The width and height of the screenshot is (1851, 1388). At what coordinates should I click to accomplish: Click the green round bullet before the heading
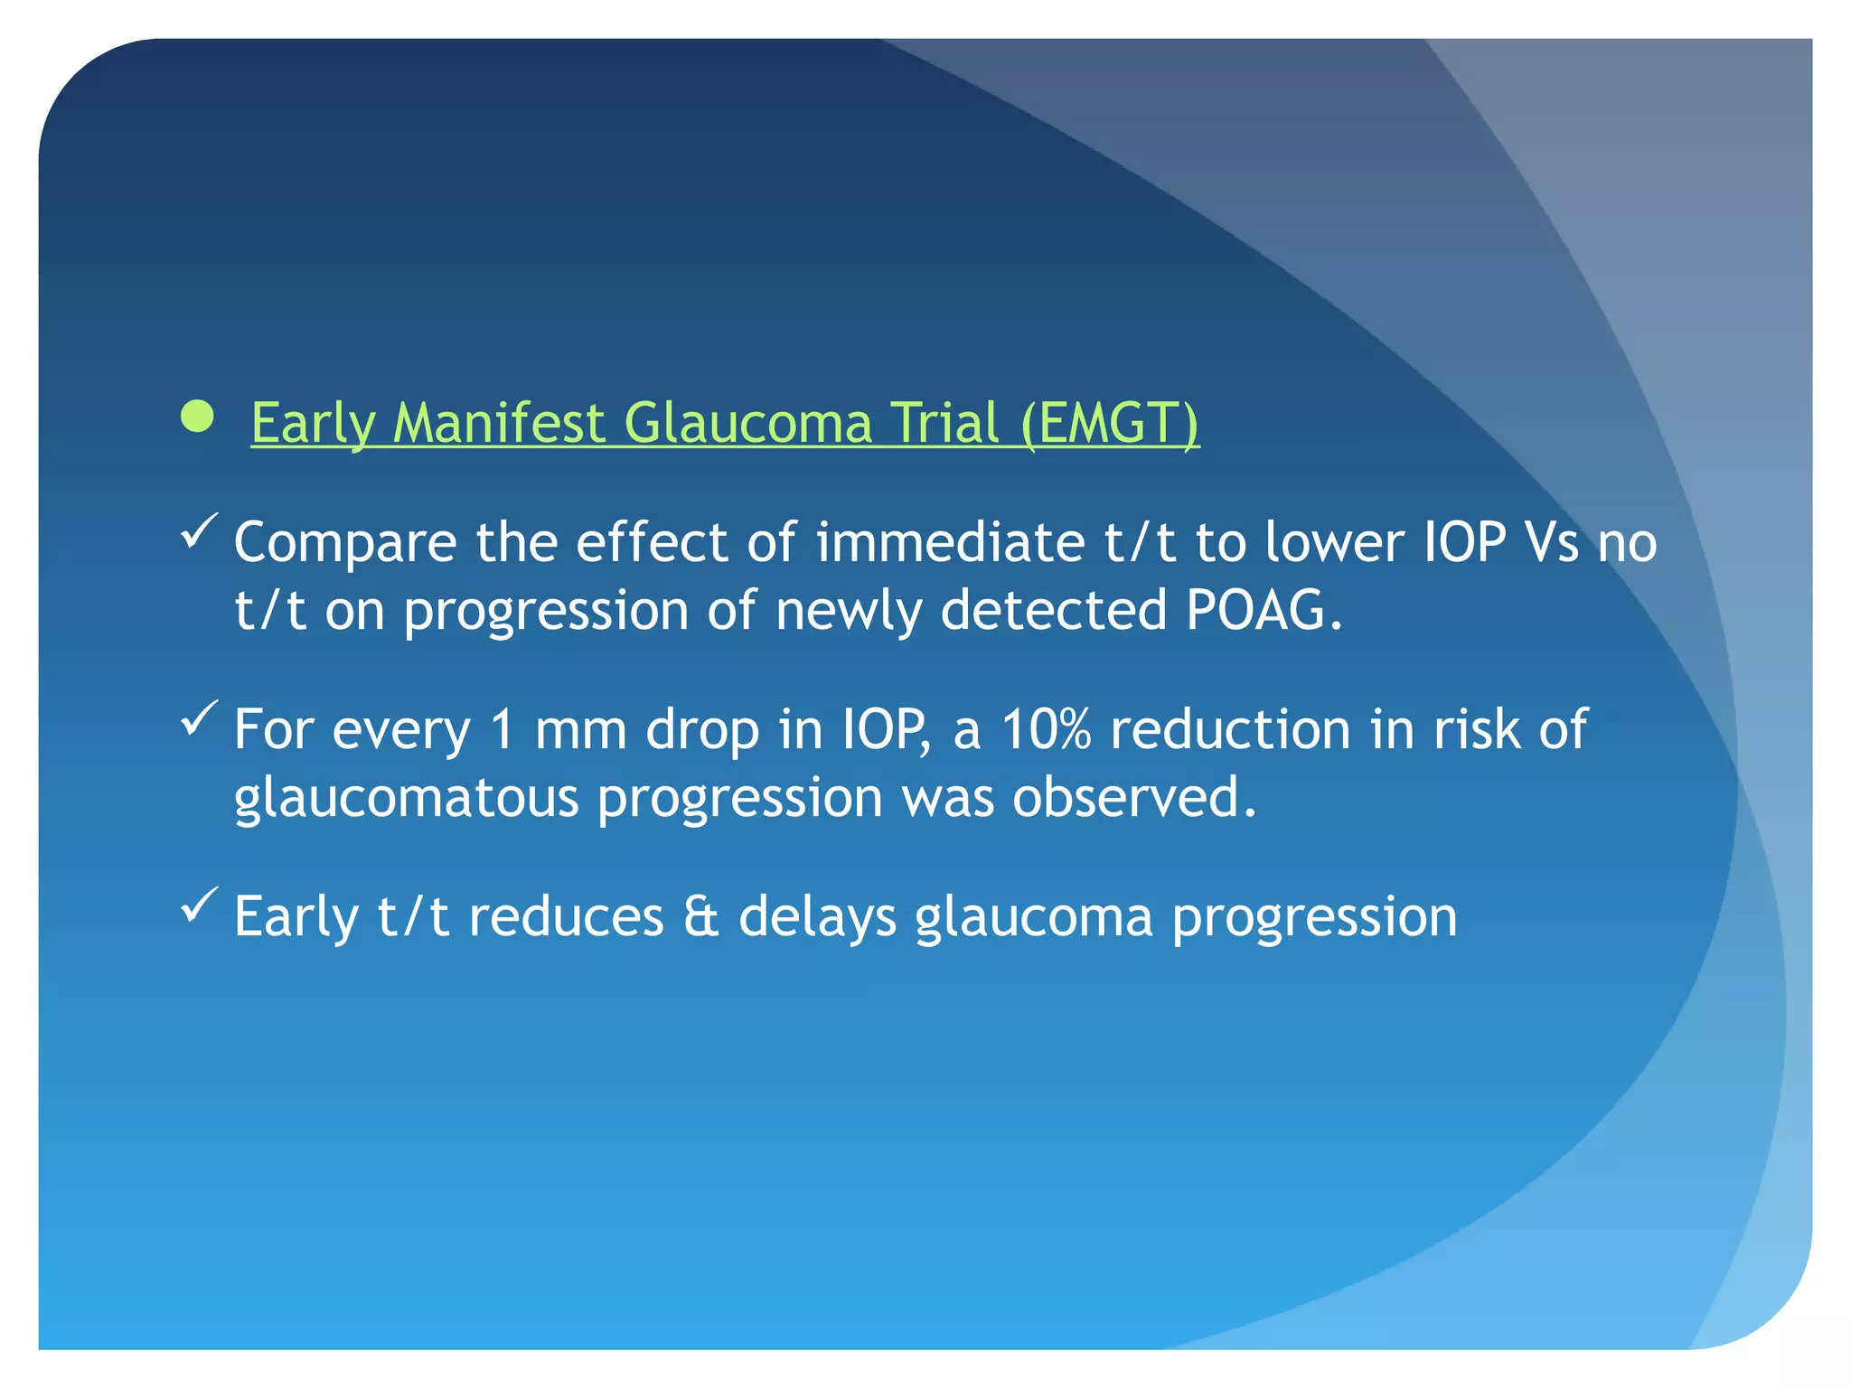coord(197,417)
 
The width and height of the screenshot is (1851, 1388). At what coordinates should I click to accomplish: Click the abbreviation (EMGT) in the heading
coord(1110,423)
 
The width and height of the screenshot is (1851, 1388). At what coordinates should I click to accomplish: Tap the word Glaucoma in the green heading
coord(748,423)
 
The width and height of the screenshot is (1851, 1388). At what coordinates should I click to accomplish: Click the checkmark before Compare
coord(199,530)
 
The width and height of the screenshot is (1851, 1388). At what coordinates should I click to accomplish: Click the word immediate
coord(950,542)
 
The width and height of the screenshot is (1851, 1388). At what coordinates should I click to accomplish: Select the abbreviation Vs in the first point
coord(1550,542)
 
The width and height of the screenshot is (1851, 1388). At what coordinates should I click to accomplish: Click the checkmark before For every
coord(199,718)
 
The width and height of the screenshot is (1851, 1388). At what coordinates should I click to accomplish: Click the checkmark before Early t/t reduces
coord(199,905)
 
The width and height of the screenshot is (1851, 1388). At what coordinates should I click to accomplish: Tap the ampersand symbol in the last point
coord(701,916)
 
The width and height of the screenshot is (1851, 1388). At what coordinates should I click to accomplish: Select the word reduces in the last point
coord(567,916)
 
